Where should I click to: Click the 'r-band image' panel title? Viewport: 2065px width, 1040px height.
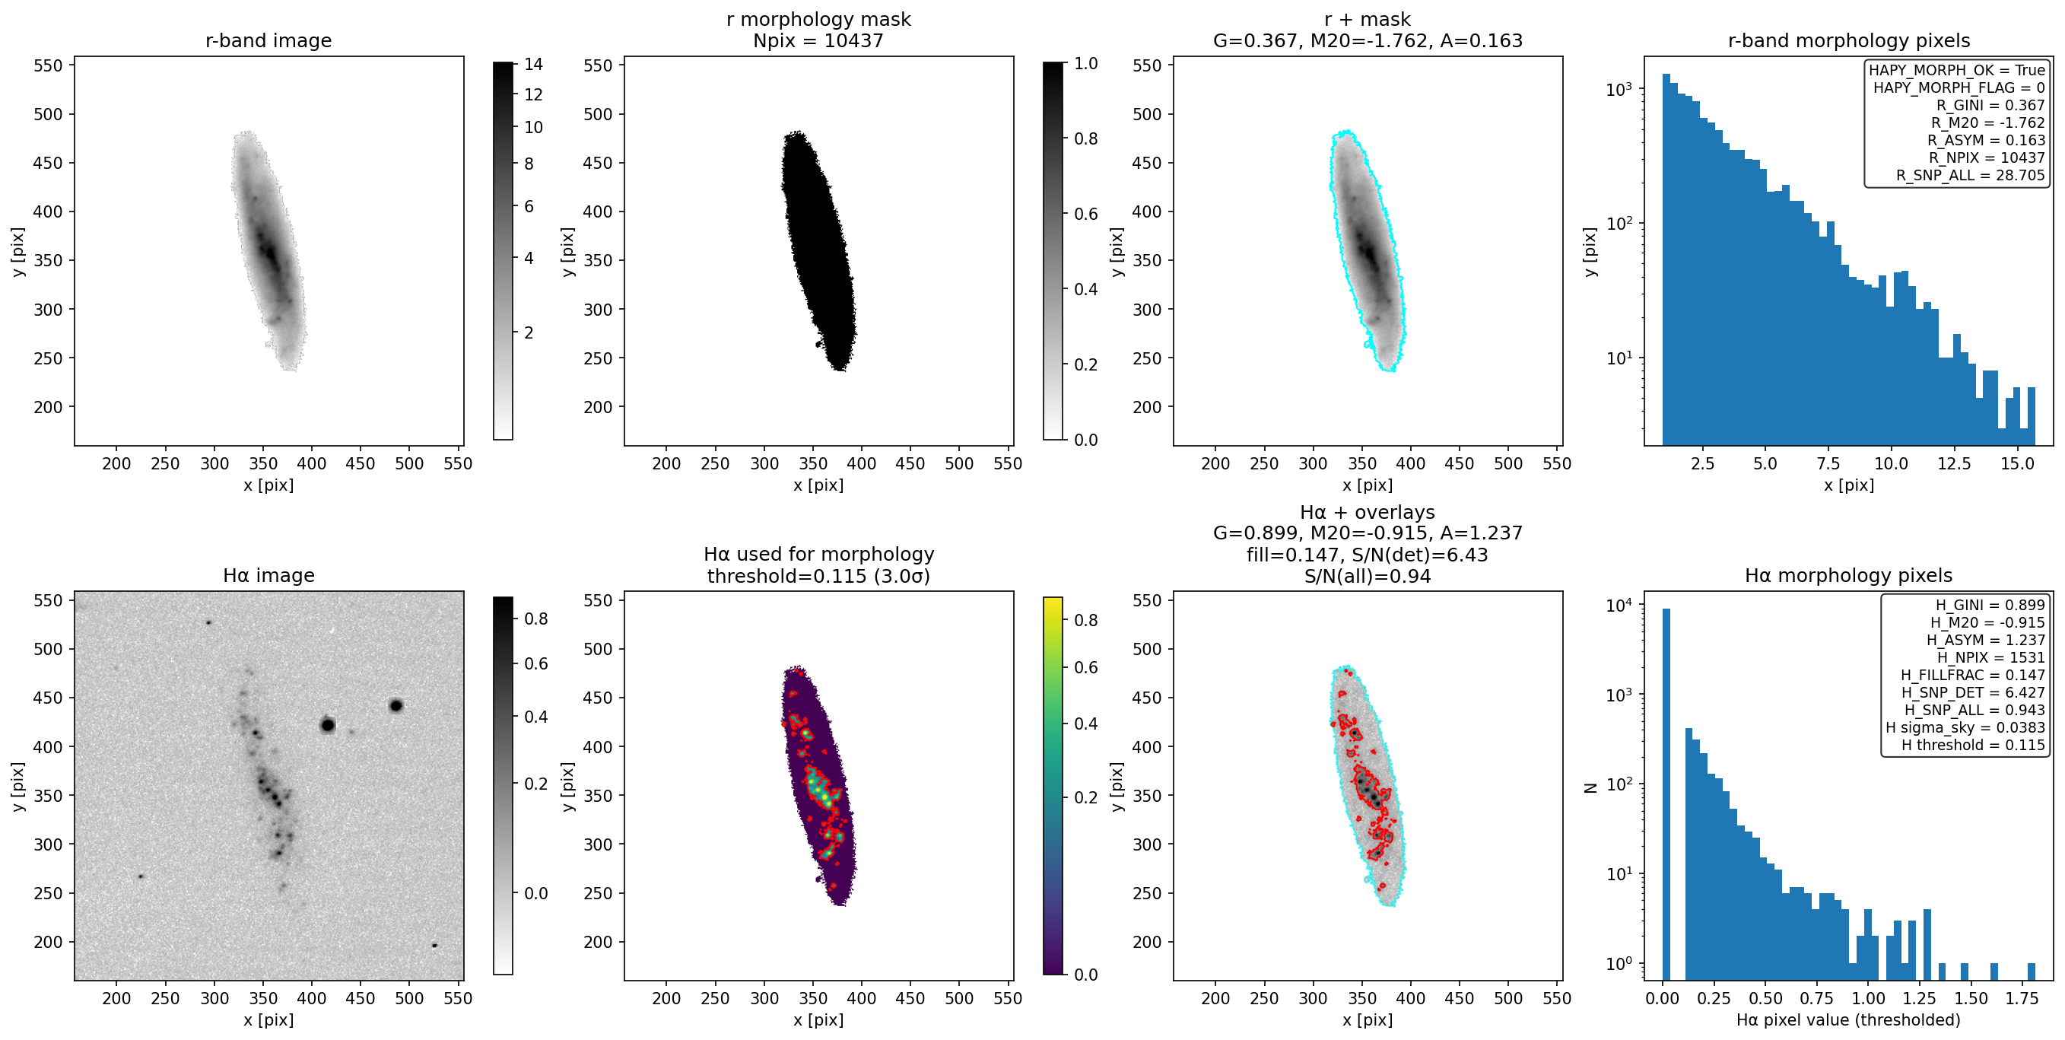coord(268,41)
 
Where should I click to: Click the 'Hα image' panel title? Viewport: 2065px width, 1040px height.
coord(268,576)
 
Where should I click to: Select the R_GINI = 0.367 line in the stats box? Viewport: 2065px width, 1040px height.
coord(1990,105)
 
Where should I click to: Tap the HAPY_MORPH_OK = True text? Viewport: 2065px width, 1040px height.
coord(1957,70)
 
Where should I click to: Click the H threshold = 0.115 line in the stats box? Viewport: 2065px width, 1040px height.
coord(1973,745)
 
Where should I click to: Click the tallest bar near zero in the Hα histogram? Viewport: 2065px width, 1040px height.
coord(1666,794)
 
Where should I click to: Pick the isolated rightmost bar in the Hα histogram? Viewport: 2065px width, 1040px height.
coord(2032,971)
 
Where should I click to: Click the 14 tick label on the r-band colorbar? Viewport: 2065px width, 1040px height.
coord(533,64)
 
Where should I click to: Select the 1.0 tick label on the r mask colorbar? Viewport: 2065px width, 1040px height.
coord(1085,63)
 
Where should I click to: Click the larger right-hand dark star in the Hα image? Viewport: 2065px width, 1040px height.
coord(396,705)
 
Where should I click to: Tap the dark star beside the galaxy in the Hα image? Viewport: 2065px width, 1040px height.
coord(327,725)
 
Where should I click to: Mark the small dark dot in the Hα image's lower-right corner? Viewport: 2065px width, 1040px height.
coord(434,946)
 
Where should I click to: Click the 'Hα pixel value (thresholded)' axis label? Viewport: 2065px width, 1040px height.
coord(1848,1020)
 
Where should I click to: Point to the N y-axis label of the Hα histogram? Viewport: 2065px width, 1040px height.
coord(1591,788)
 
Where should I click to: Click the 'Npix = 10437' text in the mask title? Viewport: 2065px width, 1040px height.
coord(818,41)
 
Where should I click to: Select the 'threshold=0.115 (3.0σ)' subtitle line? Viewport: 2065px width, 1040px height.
coord(818,577)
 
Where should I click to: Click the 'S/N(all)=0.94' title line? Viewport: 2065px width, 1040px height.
coord(1368,577)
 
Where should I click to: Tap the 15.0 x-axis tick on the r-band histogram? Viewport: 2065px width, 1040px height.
coord(2017,463)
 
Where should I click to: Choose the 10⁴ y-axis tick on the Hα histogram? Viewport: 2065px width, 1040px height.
coord(1619,606)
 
